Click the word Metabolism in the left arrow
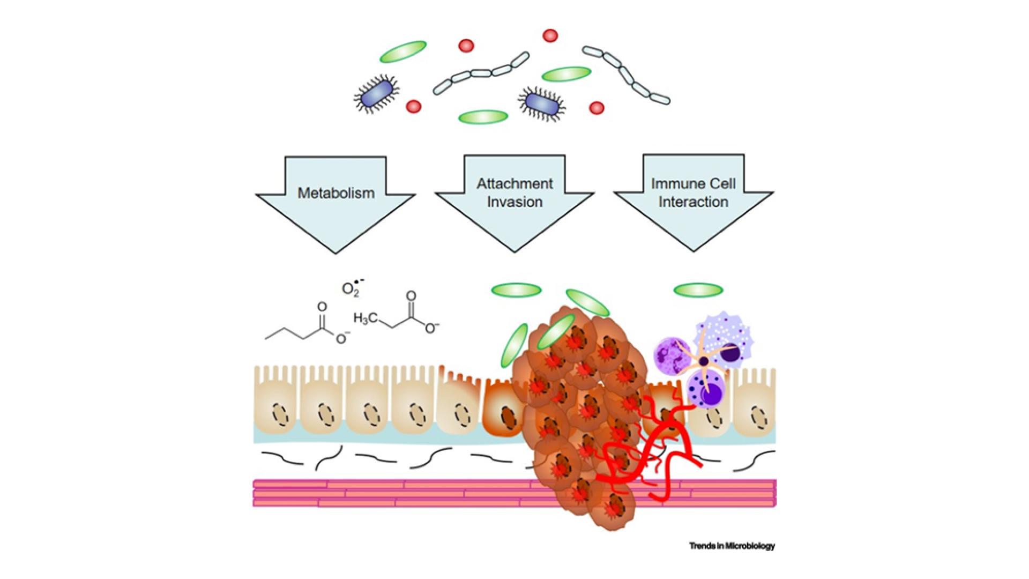click(x=336, y=193)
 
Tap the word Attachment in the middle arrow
click(x=514, y=184)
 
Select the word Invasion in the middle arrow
click(x=514, y=202)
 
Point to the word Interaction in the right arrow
click(x=693, y=202)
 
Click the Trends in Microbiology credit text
click(x=732, y=546)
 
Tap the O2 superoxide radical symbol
click(x=352, y=288)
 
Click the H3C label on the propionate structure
click(x=365, y=318)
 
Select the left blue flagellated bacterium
click(x=377, y=95)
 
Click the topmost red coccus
click(x=550, y=36)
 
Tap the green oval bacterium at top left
click(x=403, y=51)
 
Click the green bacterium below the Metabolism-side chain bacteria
click(x=483, y=116)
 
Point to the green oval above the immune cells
click(x=698, y=291)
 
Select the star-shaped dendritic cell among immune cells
click(x=704, y=362)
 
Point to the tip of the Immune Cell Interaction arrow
click(x=694, y=250)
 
